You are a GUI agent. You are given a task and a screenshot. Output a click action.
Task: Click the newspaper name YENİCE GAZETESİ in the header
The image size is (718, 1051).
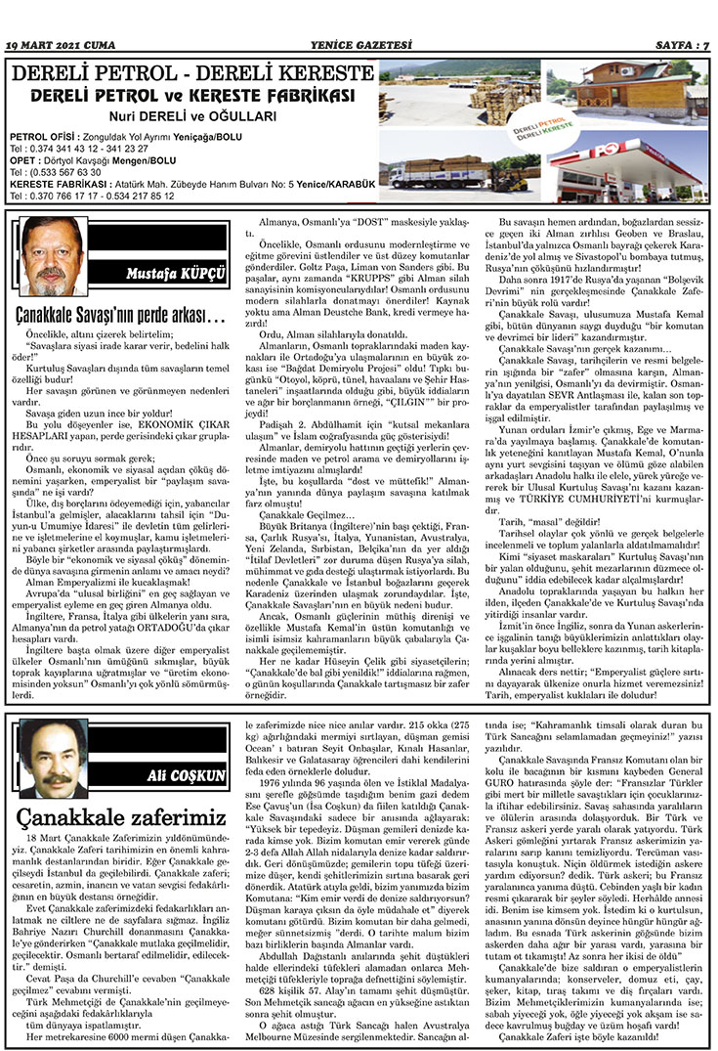pyautogui.click(x=358, y=45)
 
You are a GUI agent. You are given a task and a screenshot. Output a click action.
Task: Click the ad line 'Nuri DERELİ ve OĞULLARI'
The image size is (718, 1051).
pyautogui.click(x=192, y=114)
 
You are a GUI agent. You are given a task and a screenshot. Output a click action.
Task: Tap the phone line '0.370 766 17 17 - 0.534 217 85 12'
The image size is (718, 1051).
pyautogui.click(x=97, y=195)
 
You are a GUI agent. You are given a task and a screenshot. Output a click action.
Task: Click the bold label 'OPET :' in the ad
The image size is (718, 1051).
pyautogui.click(x=23, y=159)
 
